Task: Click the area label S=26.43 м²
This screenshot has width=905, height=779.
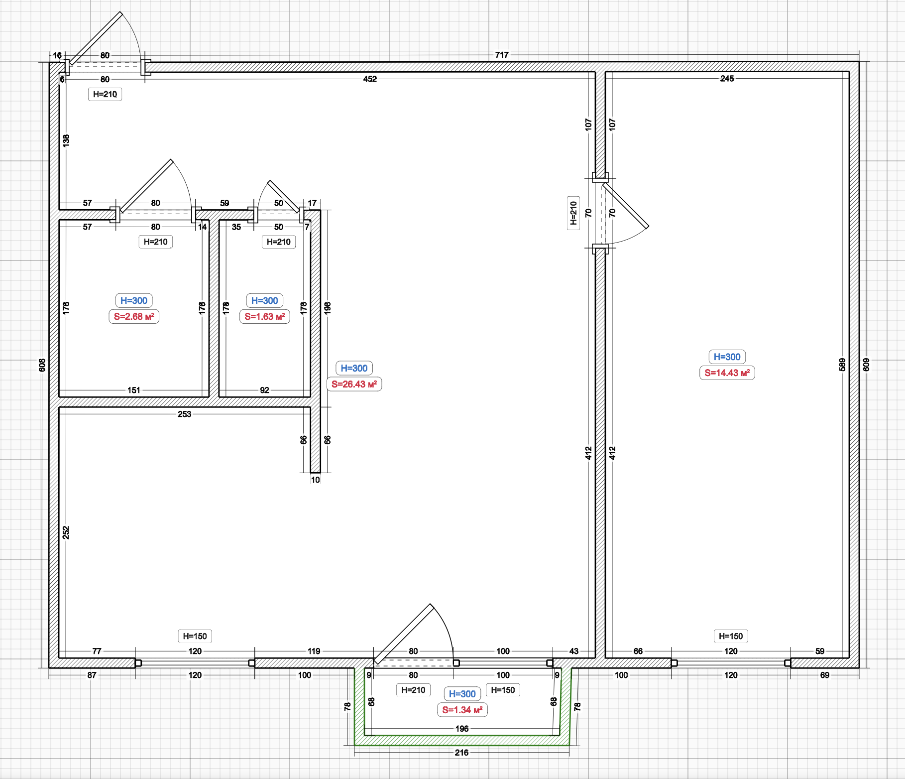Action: pos(354,384)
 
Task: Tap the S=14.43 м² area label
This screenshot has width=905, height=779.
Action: pos(727,373)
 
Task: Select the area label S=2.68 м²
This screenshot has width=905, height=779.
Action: pos(133,316)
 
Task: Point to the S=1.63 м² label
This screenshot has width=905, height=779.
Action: pos(264,316)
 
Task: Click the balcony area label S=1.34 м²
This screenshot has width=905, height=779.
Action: pos(462,710)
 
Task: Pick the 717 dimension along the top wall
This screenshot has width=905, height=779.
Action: pos(502,55)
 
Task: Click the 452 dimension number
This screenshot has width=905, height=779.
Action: pos(370,79)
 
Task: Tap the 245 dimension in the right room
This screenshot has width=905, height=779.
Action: pos(727,78)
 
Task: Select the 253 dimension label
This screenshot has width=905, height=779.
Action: pos(184,414)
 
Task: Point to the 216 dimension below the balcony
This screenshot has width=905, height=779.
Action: pos(461,752)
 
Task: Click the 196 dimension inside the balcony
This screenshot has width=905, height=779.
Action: pos(461,729)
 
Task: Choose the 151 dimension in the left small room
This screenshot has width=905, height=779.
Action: pos(133,390)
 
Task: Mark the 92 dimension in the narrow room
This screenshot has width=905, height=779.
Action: pos(264,390)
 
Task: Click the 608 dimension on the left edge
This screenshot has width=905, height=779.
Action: pos(42,365)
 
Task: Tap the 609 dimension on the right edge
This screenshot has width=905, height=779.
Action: pos(866,365)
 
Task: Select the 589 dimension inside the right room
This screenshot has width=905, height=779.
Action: pos(842,365)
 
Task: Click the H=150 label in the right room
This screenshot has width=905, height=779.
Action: pos(730,636)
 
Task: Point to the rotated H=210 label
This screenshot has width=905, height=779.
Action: pos(573,213)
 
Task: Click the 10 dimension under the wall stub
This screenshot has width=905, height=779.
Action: pos(315,480)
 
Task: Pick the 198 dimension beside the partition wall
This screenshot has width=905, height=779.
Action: pos(327,307)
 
